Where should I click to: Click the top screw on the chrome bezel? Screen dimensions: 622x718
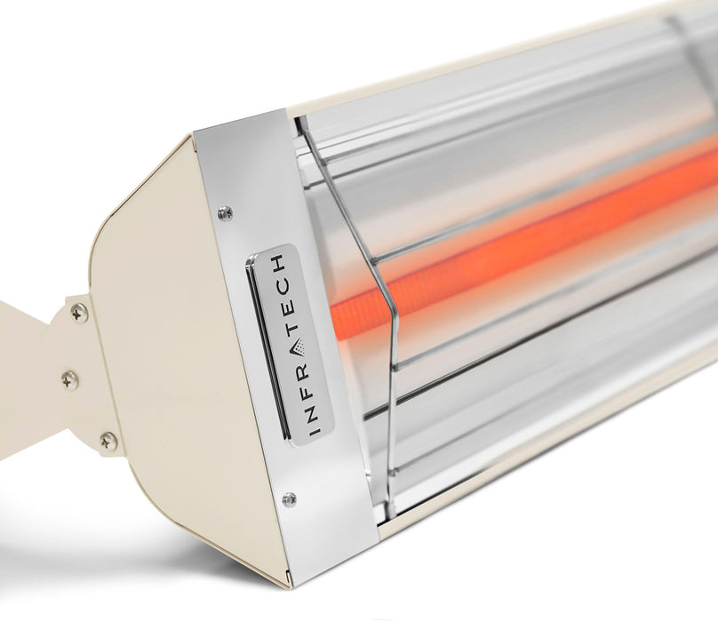coord(225,213)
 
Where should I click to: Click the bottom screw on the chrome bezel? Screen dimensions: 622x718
coord(289,499)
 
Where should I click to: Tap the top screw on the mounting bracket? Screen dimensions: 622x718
coord(79,313)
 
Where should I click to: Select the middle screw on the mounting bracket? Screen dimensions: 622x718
coord(69,379)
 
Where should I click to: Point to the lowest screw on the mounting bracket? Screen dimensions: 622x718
coord(108,440)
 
